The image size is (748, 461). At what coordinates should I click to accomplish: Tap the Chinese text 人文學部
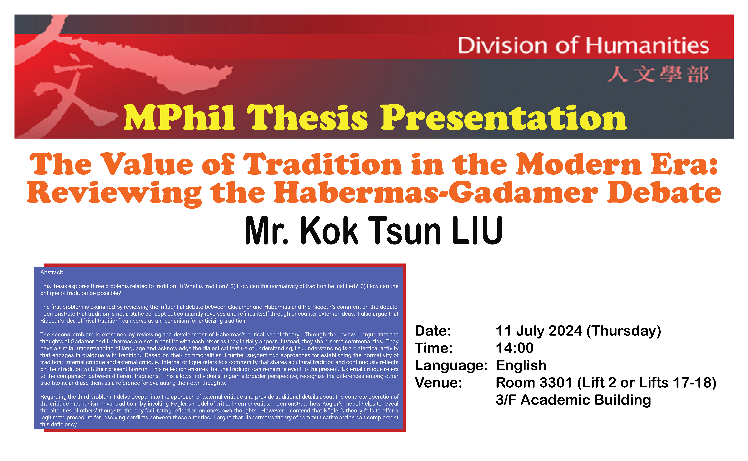point(658,74)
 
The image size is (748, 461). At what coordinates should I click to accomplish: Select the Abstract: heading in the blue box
point(52,272)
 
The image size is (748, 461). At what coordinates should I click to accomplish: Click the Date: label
point(433,331)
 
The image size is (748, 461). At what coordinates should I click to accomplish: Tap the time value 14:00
point(515,348)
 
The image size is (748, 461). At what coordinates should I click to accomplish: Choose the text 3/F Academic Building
point(573,400)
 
